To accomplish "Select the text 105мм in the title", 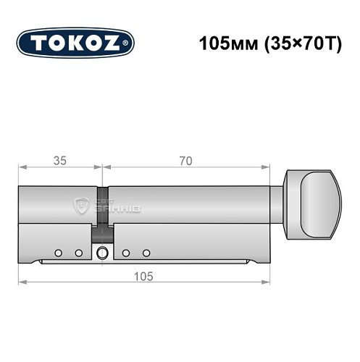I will pos(221,43).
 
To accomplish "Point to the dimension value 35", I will pos(59,160).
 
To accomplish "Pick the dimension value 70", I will pos(186,160).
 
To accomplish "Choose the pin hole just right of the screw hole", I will pos(126,253).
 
